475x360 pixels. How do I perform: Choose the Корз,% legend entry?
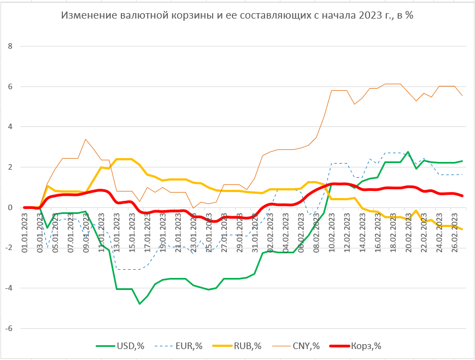pyautogui.click(x=367, y=345)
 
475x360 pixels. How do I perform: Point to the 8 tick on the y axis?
pyautogui.click(x=9, y=46)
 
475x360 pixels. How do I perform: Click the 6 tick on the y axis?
pyautogui.click(x=9, y=86)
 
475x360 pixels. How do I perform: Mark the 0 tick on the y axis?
pyautogui.click(x=9, y=207)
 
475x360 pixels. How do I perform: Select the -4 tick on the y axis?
pyautogui.click(x=7, y=288)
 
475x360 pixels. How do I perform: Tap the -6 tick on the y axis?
pyautogui.click(x=7, y=329)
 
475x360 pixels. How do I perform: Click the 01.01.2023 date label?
pyautogui.click(x=25, y=233)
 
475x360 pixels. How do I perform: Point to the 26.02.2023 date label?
pyautogui.click(x=456, y=233)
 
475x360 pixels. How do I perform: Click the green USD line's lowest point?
pyautogui.click(x=139, y=304)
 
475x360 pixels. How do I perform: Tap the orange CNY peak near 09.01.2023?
pyautogui.click(x=86, y=139)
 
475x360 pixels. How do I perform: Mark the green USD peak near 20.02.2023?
pyautogui.click(x=408, y=152)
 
